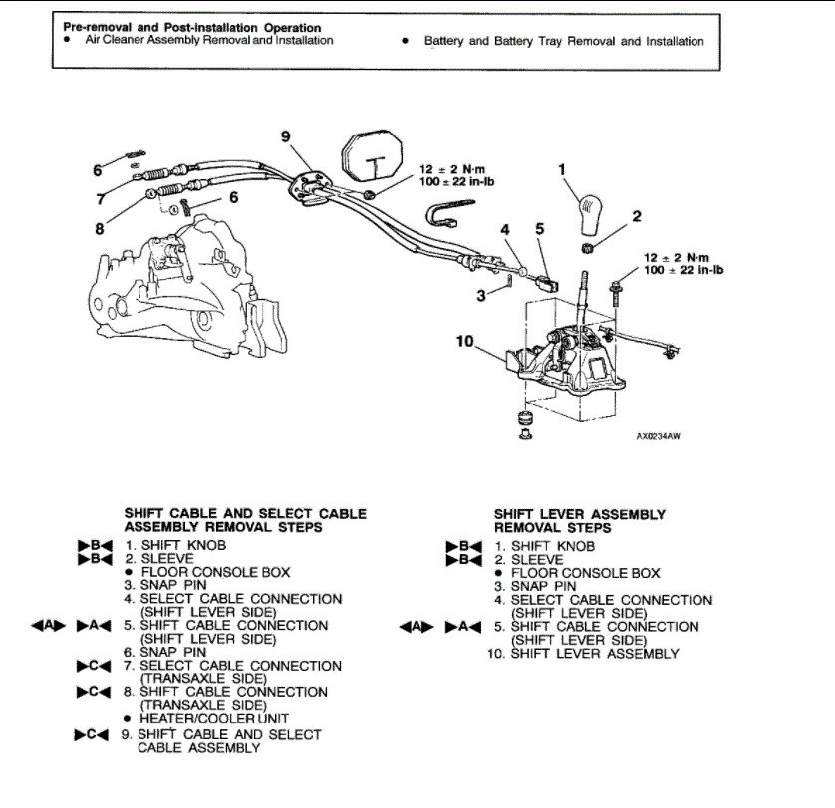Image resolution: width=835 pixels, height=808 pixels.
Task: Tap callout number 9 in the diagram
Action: (286, 137)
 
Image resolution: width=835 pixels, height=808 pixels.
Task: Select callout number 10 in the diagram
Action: (465, 342)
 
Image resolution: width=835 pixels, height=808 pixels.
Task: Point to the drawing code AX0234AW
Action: (658, 435)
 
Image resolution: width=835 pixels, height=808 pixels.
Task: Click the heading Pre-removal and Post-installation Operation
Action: (191, 27)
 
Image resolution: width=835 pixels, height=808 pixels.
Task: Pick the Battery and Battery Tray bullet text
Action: (563, 42)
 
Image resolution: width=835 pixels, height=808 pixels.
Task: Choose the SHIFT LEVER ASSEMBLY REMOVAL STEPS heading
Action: (579, 521)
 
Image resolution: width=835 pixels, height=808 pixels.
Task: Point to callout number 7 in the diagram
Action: (100, 199)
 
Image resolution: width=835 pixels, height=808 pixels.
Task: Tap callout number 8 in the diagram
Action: (99, 228)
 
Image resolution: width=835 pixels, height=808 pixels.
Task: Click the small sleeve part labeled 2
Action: (588, 246)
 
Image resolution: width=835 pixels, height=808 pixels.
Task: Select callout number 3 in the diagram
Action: (481, 295)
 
